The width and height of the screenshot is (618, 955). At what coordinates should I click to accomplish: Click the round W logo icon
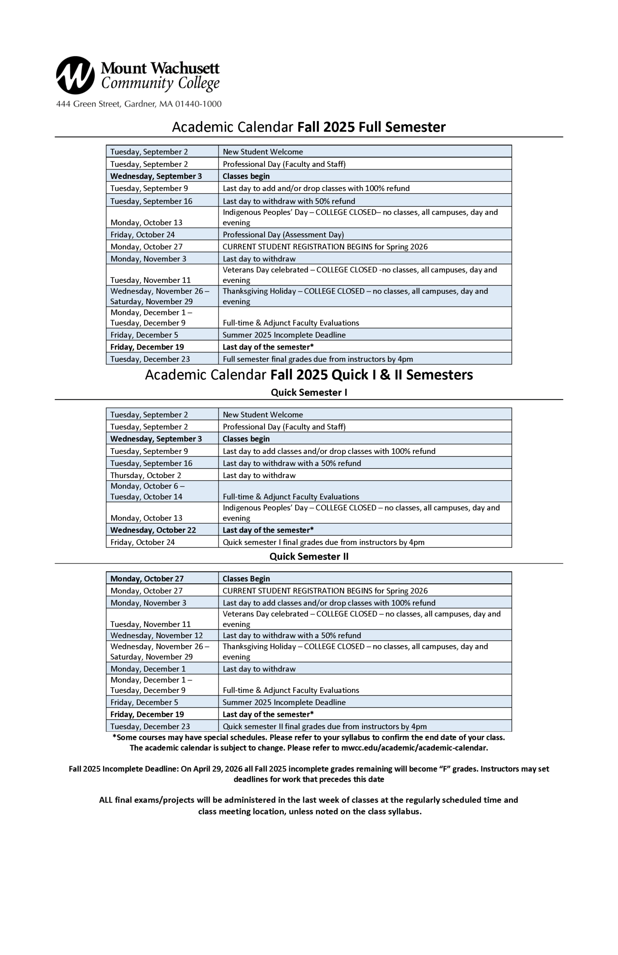click(x=75, y=75)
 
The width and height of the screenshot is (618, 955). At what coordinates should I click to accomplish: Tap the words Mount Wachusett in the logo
click(x=160, y=68)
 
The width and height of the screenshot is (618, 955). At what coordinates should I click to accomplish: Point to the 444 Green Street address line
click(x=139, y=104)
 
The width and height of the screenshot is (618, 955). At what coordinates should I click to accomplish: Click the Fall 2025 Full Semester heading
click(x=371, y=127)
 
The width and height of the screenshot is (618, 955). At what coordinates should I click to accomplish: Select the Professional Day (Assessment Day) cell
click(x=283, y=234)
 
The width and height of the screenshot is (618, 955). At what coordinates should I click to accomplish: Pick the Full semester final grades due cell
click(x=318, y=359)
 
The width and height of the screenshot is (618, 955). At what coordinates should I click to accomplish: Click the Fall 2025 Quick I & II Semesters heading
click(x=371, y=375)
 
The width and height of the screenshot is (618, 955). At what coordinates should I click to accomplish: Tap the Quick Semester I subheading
click(x=309, y=392)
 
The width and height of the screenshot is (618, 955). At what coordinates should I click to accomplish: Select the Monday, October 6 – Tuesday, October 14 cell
click(x=147, y=491)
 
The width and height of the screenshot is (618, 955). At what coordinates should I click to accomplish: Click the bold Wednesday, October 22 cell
click(x=153, y=530)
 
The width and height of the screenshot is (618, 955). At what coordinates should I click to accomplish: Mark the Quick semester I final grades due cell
click(x=324, y=542)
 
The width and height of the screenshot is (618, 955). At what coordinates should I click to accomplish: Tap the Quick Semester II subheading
click(x=309, y=556)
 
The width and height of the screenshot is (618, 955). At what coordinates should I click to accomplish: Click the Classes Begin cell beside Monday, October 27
click(x=246, y=579)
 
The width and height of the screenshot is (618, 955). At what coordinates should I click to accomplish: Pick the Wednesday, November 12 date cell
click(x=157, y=635)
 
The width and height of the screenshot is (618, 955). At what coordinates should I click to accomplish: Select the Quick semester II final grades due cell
click(x=324, y=726)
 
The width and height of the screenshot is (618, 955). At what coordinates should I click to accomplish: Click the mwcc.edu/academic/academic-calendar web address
click(x=414, y=748)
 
